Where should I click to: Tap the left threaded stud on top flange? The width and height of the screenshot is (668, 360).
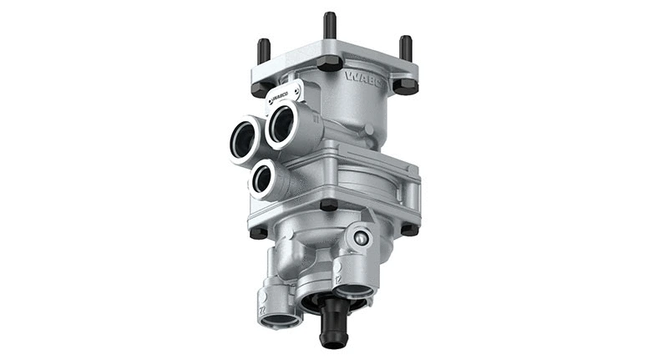pos(264,51)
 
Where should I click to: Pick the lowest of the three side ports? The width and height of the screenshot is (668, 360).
pos(264,177)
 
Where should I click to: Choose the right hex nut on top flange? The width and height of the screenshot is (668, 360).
pos(405,85)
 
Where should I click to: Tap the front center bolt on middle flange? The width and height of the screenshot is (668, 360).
pos(328,205)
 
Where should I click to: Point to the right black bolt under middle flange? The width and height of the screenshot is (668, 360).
pos(408,228)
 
